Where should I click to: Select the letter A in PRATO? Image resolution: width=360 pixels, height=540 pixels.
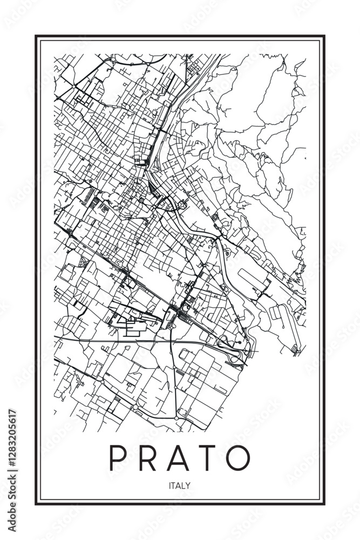point(178,458)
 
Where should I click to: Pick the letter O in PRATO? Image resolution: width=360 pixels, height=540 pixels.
point(237,458)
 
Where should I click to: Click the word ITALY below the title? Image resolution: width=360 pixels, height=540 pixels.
point(180,485)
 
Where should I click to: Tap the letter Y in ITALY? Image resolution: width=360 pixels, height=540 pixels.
point(188,485)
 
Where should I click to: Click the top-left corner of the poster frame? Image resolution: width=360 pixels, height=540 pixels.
point(36,36)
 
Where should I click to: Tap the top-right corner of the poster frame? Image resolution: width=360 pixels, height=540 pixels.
point(324,36)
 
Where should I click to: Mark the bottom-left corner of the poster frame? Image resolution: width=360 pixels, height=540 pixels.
point(36,504)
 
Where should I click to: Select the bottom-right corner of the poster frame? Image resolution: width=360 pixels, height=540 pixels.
point(324,504)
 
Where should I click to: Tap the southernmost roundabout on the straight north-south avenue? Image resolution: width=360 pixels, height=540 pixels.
point(176,418)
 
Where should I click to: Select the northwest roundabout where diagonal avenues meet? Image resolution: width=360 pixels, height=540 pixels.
point(73,86)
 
